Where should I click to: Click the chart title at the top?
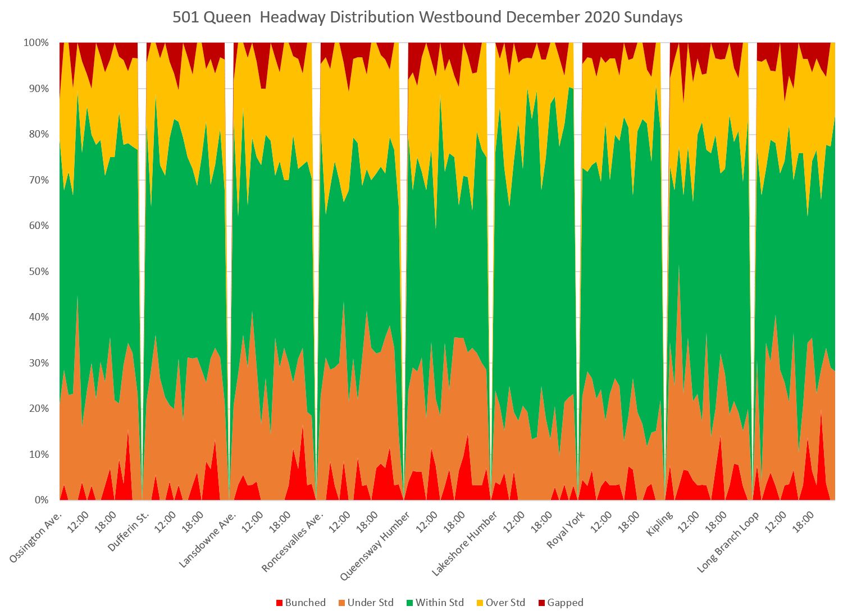427,17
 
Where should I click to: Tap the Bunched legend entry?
301,603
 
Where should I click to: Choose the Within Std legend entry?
434,603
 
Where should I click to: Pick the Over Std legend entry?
499,603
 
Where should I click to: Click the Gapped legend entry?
560,603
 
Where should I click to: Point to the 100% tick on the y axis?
36,43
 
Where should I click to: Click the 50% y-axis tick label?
38,272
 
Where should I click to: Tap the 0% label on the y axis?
41,500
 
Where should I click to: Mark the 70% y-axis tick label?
38,180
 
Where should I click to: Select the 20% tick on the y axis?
38,409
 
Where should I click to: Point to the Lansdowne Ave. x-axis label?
207,539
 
